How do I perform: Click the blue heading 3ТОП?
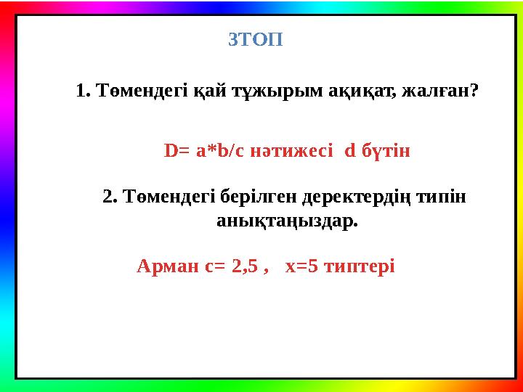(x=256, y=40)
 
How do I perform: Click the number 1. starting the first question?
(x=82, y=92)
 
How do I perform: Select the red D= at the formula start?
(x=178, y=152)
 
